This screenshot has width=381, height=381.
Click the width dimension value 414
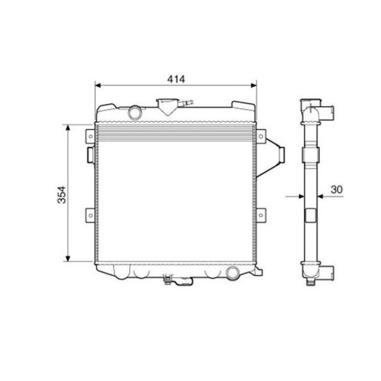point(175,79)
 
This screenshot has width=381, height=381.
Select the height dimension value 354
point(61,194)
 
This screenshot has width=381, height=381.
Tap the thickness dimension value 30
point(336,189)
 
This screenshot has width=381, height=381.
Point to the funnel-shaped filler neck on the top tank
point(166,106)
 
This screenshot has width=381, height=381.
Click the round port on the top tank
point(135,112)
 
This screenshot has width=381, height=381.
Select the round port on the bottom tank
point(233,272)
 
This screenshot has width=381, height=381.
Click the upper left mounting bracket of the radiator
point(90,136)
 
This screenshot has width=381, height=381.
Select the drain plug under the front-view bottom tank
point(169,280)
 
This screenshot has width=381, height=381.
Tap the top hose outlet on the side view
point(326,113)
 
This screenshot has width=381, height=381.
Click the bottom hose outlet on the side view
point(327,272)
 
